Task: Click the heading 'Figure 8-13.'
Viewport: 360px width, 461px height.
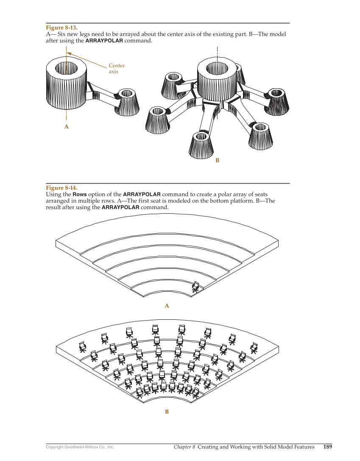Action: tap(61, 28)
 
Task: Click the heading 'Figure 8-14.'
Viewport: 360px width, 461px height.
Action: tap(61, 188)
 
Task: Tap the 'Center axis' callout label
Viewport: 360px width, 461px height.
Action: tap(117, 68)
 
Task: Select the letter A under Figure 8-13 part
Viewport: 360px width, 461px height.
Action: tap(66, 127)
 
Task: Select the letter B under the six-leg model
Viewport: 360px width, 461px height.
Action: tap(217, 160)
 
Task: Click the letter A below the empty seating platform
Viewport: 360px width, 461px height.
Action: tap(167, 306)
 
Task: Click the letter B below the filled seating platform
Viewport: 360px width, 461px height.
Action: tap(167, 412)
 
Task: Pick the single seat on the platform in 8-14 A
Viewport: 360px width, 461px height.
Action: tap(195, 287)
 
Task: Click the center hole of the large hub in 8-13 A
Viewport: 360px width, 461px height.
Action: tap(67, 67)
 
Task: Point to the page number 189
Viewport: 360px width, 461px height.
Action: tap(327, 447)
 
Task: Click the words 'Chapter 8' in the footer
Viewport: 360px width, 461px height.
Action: tap(184, 447)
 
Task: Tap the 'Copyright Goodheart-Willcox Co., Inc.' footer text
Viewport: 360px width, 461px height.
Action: tap(80, 447)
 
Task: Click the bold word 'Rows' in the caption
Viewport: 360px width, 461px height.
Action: tap(80, 195)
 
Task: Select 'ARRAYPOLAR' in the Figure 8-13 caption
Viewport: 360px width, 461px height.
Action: tap(104, 41)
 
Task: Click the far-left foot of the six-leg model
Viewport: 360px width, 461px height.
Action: tap(158, 120)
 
